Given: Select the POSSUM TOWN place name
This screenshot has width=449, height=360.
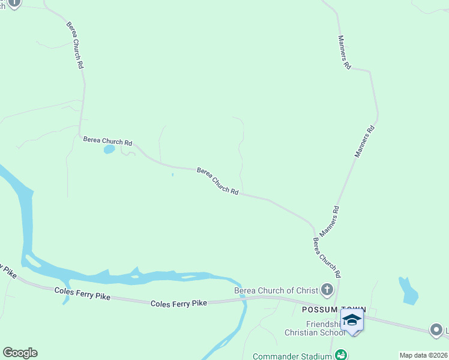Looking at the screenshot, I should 324,309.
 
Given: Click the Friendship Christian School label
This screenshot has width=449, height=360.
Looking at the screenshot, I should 318,328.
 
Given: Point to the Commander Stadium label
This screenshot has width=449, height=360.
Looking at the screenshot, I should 292,356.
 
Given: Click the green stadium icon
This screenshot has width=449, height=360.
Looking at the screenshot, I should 340,355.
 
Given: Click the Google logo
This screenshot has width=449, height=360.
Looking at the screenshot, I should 20,353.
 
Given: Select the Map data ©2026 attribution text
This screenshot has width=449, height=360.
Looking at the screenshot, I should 423,355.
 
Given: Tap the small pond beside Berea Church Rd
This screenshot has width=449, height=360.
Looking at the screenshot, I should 109,149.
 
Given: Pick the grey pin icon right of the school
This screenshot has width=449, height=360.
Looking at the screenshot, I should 436,329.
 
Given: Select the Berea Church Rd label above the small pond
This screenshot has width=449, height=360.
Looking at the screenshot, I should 107,141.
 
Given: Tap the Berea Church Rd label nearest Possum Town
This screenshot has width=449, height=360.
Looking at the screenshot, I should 327,257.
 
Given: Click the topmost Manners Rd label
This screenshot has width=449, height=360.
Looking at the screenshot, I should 344,52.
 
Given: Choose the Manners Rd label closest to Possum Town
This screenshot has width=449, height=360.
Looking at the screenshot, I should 330,221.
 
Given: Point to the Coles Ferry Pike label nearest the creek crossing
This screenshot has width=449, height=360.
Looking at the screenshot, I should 179,304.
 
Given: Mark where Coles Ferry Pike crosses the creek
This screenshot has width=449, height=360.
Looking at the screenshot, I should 243,298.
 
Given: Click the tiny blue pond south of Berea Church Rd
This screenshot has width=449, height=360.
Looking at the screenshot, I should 172,175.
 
